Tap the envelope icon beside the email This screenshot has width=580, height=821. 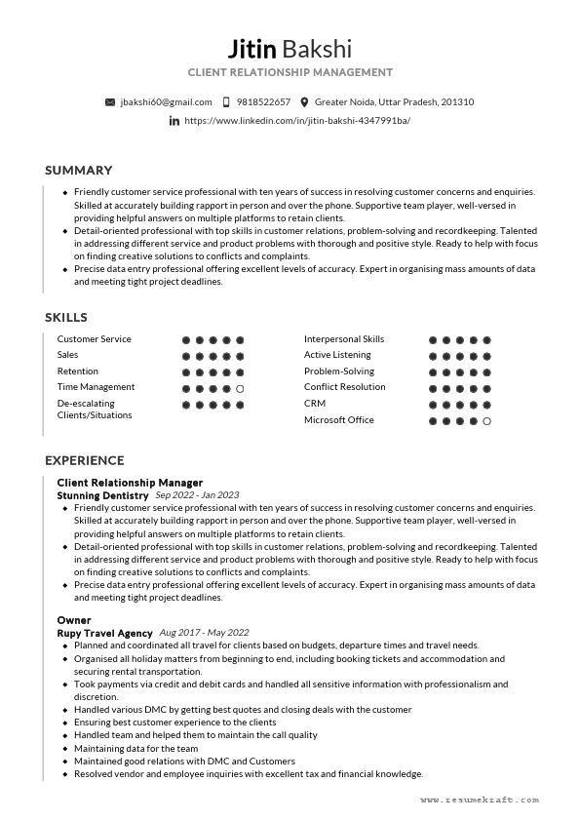[x=109, y=101]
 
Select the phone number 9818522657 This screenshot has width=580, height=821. [x=263, y=101]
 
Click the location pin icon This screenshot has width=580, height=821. [x=304, y=101]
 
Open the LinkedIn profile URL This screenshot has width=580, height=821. [x=297, y=120]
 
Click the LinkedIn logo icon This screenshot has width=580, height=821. [x=174, y=120]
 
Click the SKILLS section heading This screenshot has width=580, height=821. [x=65, y=317]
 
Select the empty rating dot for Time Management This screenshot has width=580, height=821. [x=240, y=388]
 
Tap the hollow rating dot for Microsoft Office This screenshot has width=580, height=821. [x=486, y=421]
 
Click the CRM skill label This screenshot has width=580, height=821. [x=314, y=403]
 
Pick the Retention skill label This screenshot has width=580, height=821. [x=77, y=371]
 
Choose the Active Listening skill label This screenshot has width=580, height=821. [x=337, y=355]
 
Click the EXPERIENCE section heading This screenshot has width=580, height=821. [x=84, y=460]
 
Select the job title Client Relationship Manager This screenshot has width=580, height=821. [x=130, y=483]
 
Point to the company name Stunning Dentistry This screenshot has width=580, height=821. [x=102, y=495]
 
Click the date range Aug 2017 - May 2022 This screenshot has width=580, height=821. [x=204, y=633]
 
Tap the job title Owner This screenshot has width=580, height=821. [x=73, y=620]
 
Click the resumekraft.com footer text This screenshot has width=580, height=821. [x=480, y=800]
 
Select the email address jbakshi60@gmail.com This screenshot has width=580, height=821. [x=166, y=101]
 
